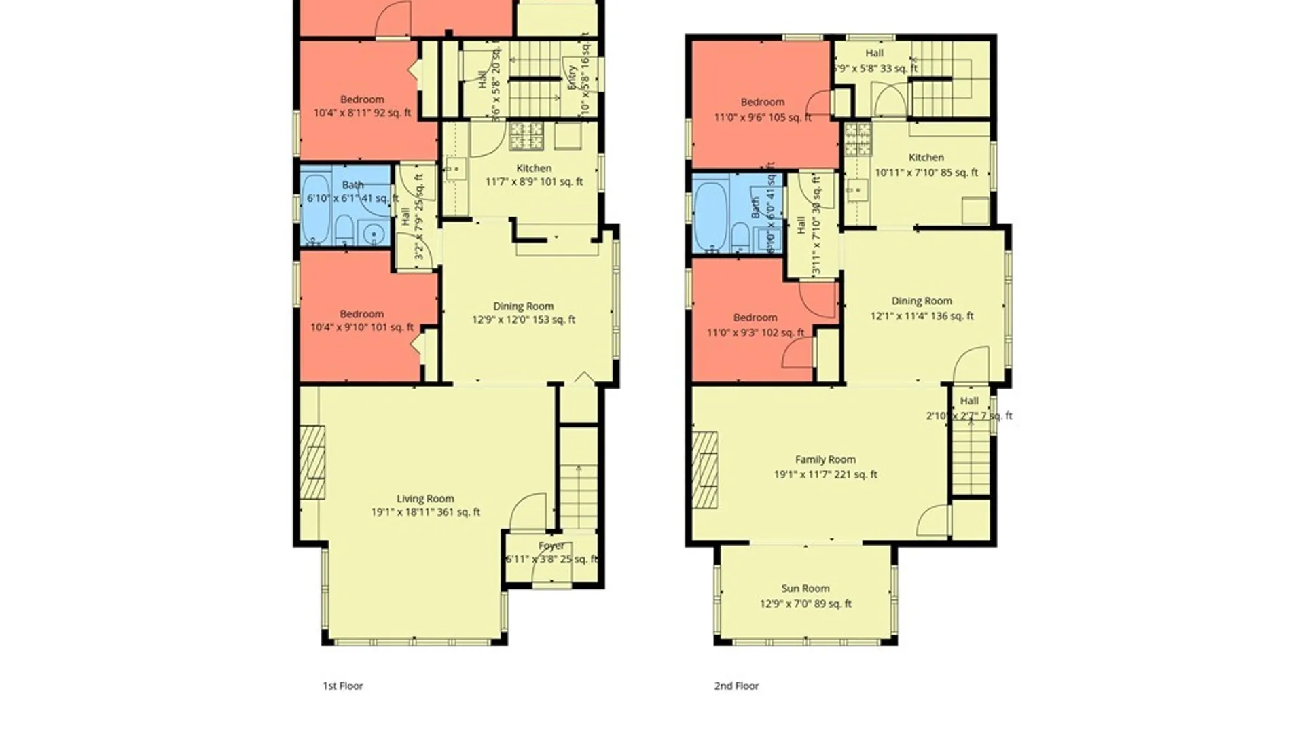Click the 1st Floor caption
[x=342, y=686]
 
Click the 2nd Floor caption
[x=736, y=686]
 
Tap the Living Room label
[x=425, y=499]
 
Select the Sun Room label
[x=805, y=589]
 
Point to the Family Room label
[x=825, y=460]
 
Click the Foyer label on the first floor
[x=551, y=546]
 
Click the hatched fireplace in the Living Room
[x=312, y=463]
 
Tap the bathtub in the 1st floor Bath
[x=315, y=209]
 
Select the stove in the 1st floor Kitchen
[x=526, y=136]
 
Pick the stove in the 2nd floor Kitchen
[x=858, y=139]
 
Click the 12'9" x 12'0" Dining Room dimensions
[x=523, y=319]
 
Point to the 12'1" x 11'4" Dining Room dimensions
[x=922, y=316]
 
